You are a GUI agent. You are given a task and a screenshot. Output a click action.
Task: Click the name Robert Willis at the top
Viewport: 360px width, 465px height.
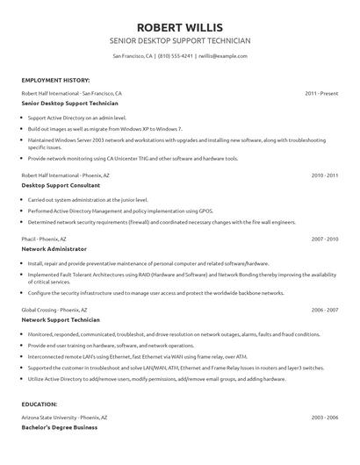point(179,26)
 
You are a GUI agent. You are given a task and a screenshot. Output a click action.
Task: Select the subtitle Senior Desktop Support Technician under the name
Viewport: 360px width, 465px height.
point(179,40)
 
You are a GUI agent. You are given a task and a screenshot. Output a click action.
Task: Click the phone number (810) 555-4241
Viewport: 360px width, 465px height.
point(176,55)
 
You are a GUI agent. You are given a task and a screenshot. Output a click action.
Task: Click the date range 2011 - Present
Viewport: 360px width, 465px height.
point(320,92)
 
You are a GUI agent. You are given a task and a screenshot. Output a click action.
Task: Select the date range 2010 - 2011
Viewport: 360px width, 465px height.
point(325,175)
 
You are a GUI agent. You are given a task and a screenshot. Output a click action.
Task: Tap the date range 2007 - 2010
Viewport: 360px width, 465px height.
point(325,239)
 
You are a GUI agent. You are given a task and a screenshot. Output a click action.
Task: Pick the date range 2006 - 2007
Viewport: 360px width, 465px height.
point(325,311)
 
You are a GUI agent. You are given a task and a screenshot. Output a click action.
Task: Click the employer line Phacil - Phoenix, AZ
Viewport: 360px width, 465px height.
point(46,239)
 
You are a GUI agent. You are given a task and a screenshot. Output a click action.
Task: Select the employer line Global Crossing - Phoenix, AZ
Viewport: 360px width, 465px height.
point(54,311)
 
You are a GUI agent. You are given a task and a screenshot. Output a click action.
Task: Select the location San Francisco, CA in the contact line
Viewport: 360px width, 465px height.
point(133,55)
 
